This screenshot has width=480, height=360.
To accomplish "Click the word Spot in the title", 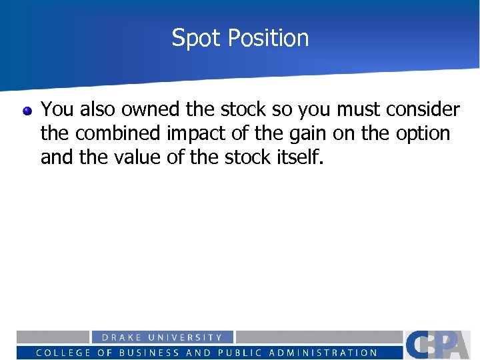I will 195,38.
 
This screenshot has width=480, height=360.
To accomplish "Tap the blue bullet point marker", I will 27,111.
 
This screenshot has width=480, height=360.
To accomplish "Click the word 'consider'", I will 422,109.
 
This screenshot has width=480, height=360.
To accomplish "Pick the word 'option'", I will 423,133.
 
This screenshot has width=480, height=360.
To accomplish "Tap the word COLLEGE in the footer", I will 64,353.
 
